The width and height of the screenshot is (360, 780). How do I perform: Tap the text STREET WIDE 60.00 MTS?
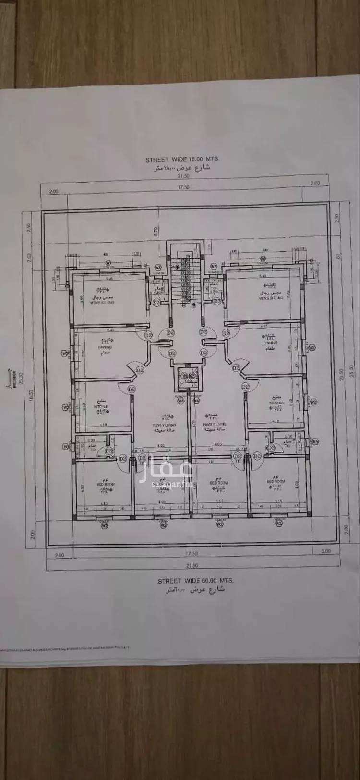point(195,581)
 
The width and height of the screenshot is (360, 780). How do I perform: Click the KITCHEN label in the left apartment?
point(101,406)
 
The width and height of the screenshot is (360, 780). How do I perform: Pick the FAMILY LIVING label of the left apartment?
point(164,425)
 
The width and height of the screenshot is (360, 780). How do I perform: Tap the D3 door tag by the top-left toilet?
point(156,303)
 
